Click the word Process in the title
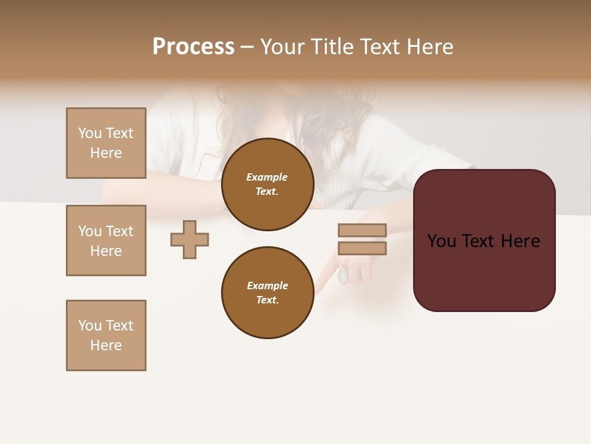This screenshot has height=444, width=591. tap(193, 47)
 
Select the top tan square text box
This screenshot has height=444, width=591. tap(106, 143)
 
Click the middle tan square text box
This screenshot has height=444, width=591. tap(106, 240)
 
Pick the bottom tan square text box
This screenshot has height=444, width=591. tap(106, 335)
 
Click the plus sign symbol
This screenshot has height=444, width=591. tap(190, 239)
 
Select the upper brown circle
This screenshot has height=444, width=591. tap(267, 184)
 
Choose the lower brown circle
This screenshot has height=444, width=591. tap(267, 292)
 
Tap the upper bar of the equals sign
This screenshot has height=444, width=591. tap(362, 231)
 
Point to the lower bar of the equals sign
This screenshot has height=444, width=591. tap(362, 249)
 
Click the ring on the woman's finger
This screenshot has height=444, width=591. tap(344, 275)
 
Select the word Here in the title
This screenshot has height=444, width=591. tap(431, 47)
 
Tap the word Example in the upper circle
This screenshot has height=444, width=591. tap(267, 177)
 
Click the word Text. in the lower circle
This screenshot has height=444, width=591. tap(267, 300)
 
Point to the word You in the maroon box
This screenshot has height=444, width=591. tap(441, 241)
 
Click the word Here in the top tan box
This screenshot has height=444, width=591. tap(106, 153)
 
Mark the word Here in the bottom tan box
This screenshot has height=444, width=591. tap(106, 345)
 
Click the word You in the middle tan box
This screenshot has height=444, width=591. tap(89, 231)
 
